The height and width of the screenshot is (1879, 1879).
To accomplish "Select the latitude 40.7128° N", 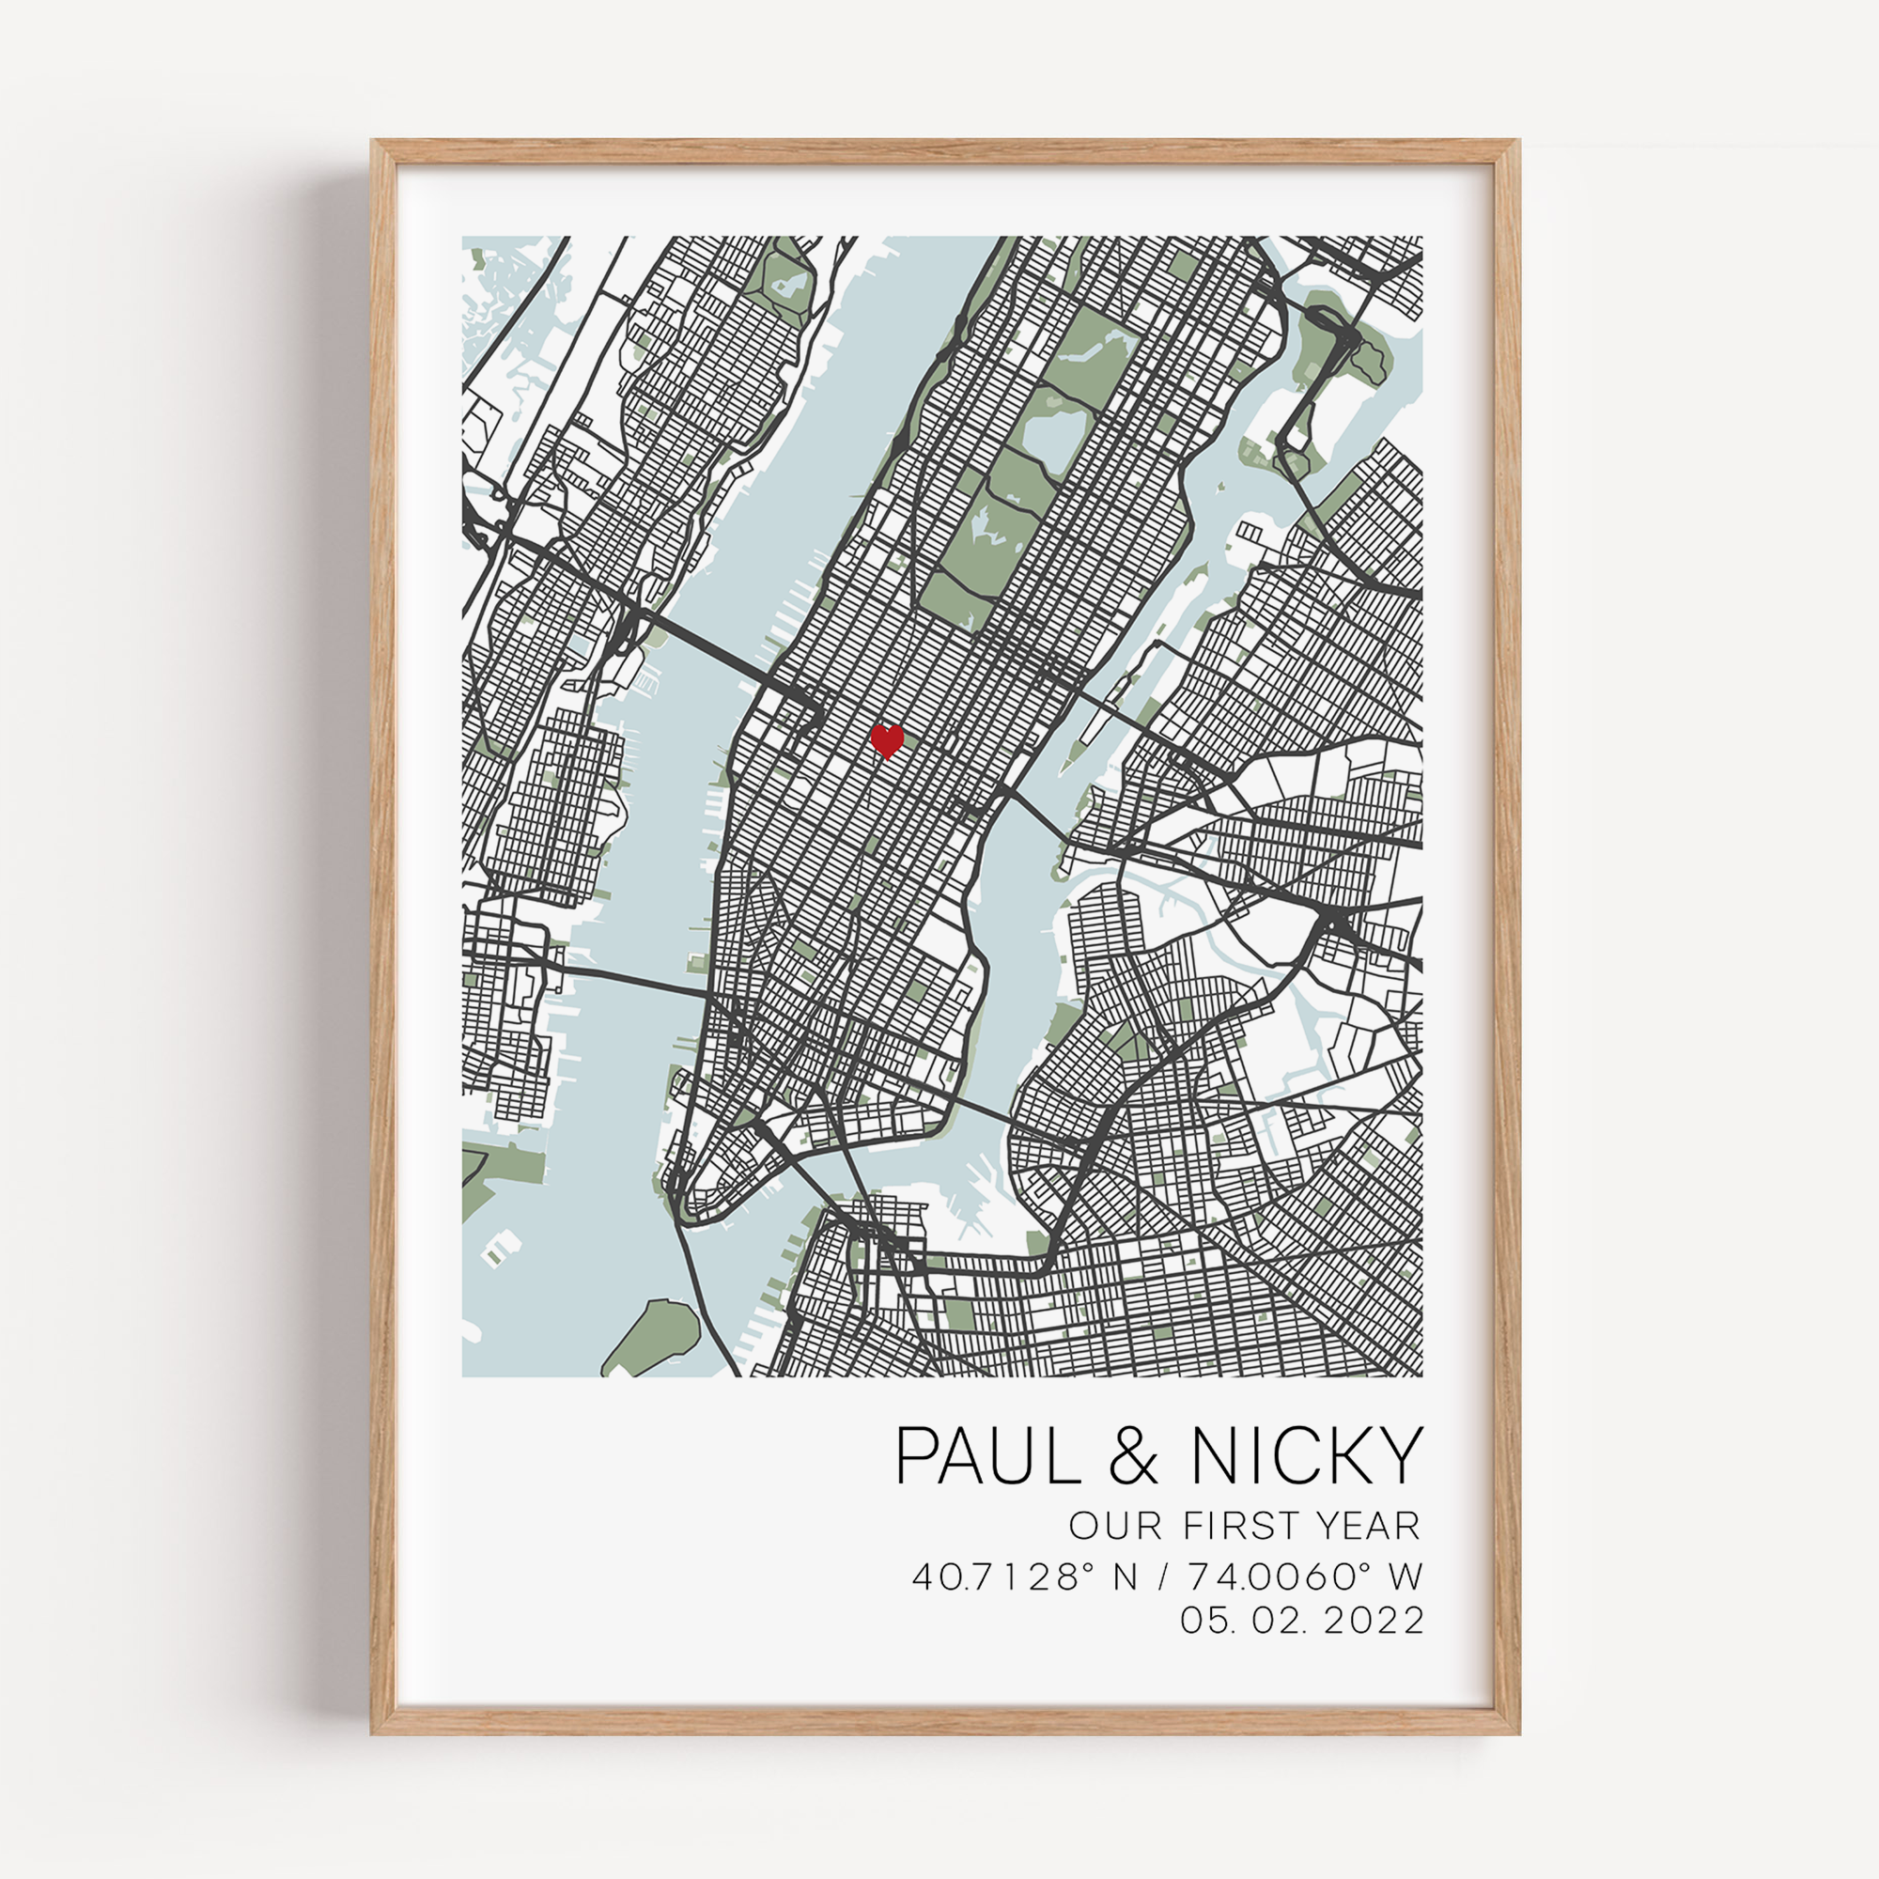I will pos(1024,1576).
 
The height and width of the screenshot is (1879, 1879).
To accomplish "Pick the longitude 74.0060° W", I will pos(1304,1576).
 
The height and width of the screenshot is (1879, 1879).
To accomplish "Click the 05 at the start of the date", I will pos(1198,1621).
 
